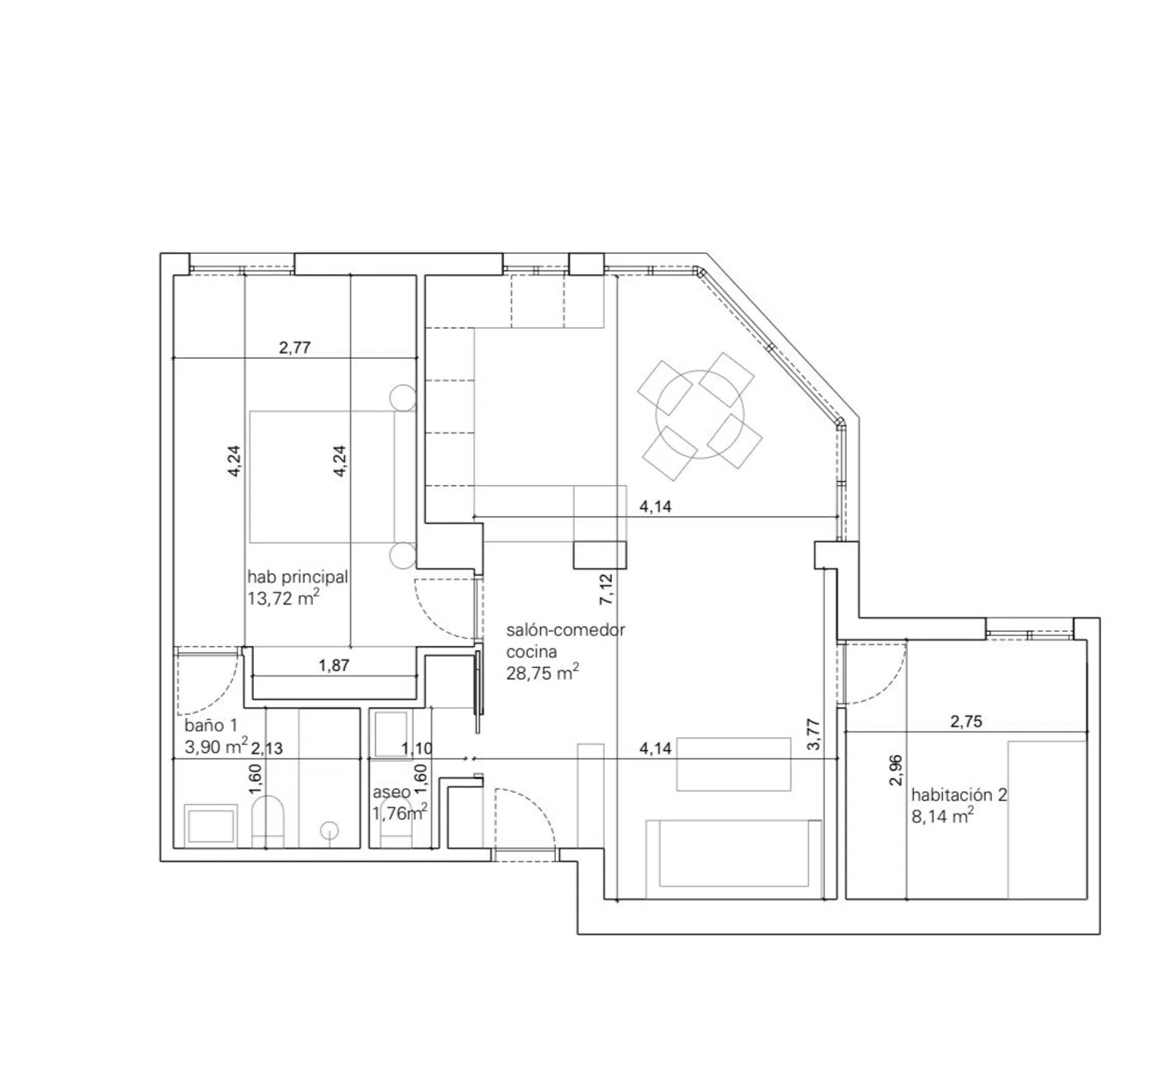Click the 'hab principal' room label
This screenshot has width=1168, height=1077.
click(x=297, y=578)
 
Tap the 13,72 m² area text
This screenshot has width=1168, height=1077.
click(x=283, y=599)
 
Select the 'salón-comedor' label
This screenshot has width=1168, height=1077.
click(x=565, y=630)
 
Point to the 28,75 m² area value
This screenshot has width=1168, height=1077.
click(x=542, y=673)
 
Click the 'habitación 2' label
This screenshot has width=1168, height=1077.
click(x=959, y=795)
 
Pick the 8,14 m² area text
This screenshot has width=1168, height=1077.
click(x=942, y=817)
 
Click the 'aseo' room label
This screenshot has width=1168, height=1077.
click(x=391, y=792)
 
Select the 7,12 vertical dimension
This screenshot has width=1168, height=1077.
click(x=607, y=590)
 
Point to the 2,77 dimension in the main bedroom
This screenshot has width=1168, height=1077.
click(x=294, y=347)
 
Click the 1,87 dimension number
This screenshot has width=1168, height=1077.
click(x=334, y=665)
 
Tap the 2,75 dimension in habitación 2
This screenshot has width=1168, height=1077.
click(x=966, y=722)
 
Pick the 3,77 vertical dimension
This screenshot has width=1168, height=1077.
click(x=814, y=734)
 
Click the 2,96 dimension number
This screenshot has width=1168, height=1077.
click(x=895, y=770)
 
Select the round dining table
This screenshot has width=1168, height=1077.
click(x=700, y=415)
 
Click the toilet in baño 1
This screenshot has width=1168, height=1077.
click(x=268, y=822)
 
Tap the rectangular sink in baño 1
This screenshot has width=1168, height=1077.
click(x=210, y=825)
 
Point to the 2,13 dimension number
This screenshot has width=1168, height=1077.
click(x=267, y=748)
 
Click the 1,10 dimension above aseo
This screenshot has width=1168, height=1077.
click(x=417, y=749)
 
